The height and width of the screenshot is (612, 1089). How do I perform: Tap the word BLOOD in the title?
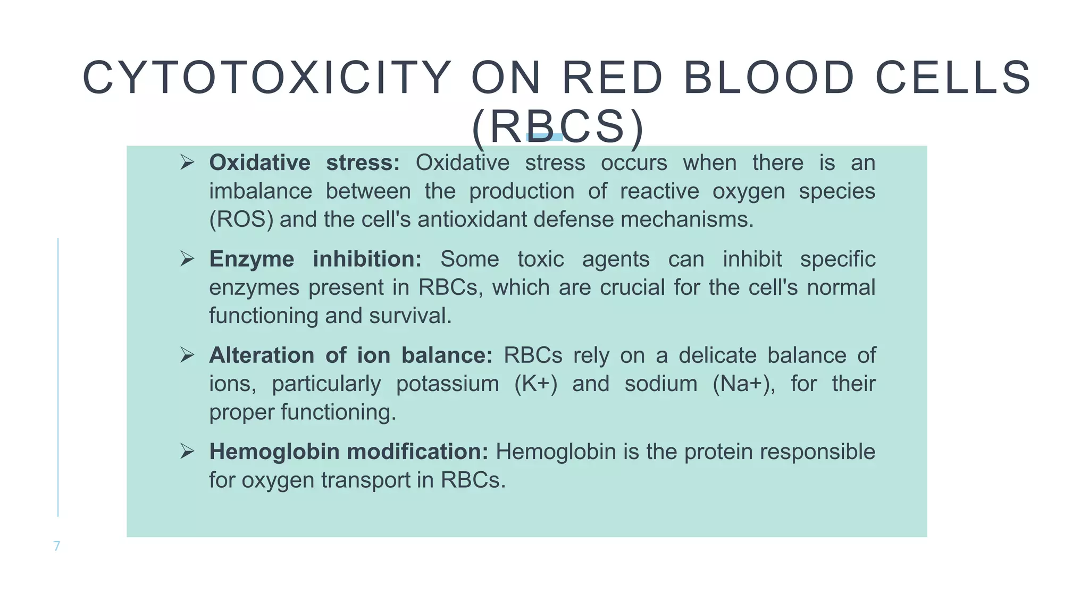[x=768, y=78]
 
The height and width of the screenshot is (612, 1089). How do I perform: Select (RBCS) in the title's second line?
[x=557, y=127]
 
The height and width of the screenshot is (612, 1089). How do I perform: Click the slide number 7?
[x=57, y=546]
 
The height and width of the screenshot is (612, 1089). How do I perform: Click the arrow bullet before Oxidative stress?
[x=187, y=162]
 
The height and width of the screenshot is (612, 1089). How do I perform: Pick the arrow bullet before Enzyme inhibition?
[x=187, y=259]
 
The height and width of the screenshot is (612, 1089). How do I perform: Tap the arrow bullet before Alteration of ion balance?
[x=187, y=355]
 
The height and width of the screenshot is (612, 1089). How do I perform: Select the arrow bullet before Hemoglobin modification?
[x=187, y=452]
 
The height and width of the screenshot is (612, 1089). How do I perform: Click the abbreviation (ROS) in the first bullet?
[x=241, y=219]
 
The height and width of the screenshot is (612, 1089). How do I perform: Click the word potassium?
[x=447, y=384]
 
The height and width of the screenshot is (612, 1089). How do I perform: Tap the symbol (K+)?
[x=535, y=384]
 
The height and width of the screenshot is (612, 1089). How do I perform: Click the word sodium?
[x=660, y=384]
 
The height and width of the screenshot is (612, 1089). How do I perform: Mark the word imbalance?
[x=260, y=191]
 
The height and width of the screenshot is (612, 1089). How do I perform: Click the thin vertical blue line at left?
[x=58, y=377]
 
